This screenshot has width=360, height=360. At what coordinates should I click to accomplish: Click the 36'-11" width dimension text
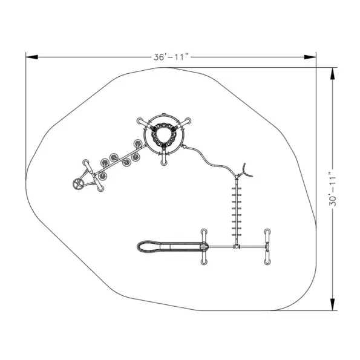tap(171, 57)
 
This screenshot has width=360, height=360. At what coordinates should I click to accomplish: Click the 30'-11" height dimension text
tap(333, 189)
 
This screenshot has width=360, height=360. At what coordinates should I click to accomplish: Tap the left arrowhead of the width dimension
tap(32, 57)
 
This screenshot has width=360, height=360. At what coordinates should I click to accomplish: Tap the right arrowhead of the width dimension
tap(310, 57)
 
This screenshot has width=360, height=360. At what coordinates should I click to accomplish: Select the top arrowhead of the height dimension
tap(333, 73)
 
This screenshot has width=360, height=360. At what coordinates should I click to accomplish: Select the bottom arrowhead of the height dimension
tap(333, 304)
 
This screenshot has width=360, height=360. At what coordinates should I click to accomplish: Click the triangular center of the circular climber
tap(164, 136)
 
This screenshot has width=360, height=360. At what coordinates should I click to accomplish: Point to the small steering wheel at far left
tap(77, 184)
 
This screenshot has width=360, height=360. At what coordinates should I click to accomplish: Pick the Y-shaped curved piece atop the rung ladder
tap(245, 172)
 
